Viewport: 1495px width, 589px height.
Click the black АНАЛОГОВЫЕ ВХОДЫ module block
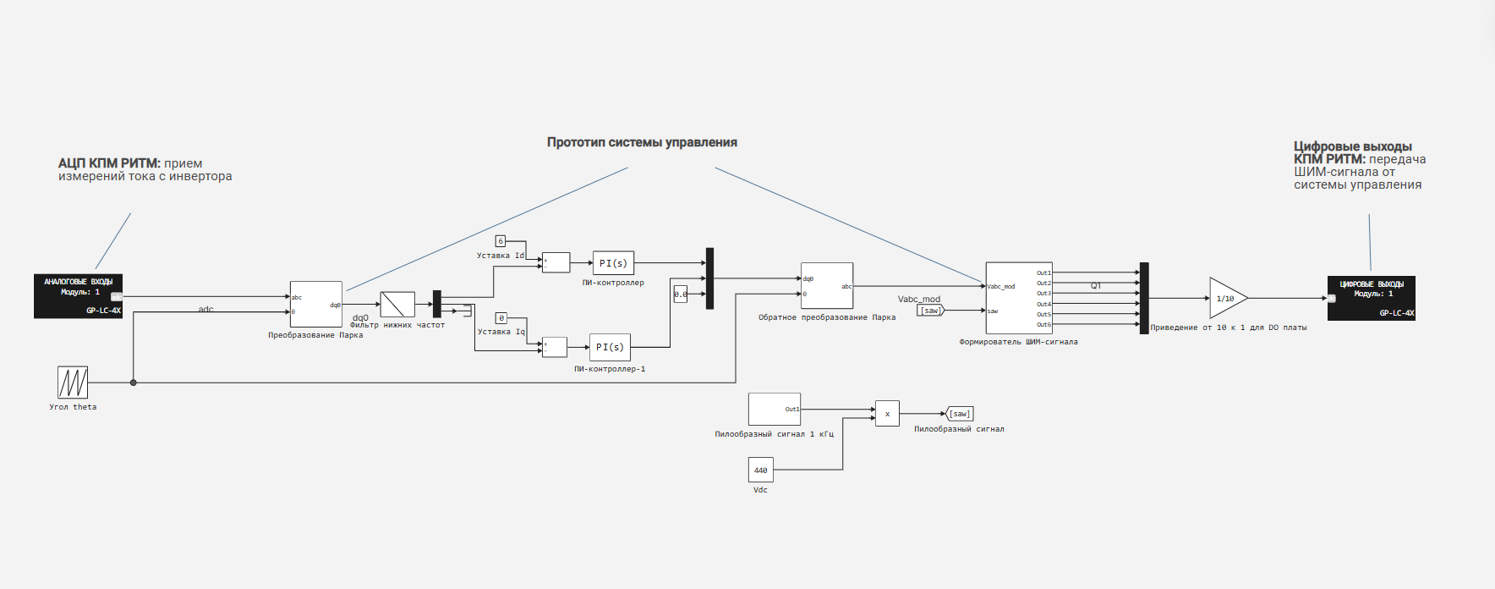[x=78, y=296]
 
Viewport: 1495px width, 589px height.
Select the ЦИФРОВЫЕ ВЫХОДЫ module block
[x=1371, y=299]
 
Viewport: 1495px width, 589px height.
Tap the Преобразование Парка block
[x=315, y=304]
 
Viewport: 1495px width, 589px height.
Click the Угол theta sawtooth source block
[x=73, y=383]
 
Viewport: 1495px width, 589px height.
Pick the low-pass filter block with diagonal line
[x=397, y=304]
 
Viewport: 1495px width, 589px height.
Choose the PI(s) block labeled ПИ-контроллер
[x=613, y=263]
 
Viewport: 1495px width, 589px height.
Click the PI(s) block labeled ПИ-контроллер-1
[x=610, y=347]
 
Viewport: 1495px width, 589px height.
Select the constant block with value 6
[x=500, y=241]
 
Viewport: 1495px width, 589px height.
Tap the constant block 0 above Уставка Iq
[x=501, y=318]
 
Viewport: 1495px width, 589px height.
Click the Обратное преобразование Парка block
[x=826, y=285]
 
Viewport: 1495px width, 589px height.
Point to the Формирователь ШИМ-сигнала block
[x=1018, y=298]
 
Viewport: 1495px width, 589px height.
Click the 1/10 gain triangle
[x=1225, y=298]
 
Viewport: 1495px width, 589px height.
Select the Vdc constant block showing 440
[x=760, y=470]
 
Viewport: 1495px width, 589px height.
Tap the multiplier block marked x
[x=887, y=414]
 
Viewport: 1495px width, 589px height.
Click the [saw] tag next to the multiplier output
[x=960, y=414]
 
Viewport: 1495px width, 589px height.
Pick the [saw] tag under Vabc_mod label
[x=930, y=311]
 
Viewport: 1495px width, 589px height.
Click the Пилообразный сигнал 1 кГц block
[x=774, y=409]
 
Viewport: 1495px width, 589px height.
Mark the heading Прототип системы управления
[x=642, y=142]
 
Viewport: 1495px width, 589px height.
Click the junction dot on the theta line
[x=134, y=383]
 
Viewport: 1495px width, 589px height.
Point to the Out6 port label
[x=1043, y=325]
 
